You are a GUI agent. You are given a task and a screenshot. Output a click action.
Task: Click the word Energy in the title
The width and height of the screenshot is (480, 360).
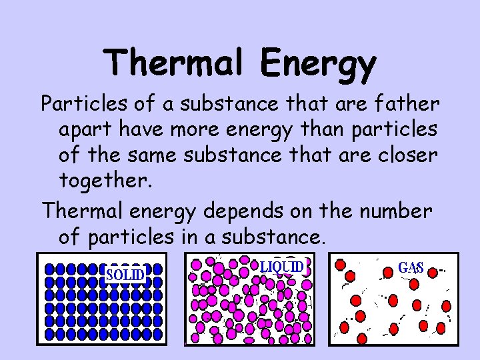click(319, 65)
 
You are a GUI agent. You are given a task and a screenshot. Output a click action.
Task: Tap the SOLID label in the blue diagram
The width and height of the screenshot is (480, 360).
click(125, 274)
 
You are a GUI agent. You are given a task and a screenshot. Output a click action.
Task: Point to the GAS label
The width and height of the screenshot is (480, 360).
click(411, 267)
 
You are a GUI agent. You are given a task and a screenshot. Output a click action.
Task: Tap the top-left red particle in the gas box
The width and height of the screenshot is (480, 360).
click(340, 265)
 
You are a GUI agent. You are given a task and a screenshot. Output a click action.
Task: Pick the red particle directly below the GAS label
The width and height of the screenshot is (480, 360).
click(413, 285)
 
